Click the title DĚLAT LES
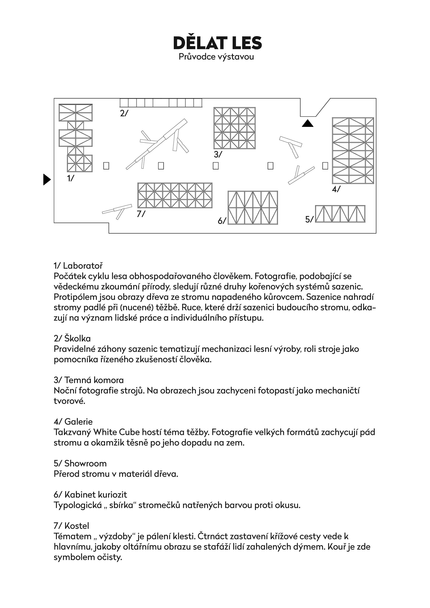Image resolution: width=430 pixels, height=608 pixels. (217, 43)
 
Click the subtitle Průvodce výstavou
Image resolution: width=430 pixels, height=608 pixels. (216, 57)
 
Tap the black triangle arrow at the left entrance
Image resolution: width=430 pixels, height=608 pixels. (47, 180)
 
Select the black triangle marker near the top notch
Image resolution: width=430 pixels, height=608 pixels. (307, 123)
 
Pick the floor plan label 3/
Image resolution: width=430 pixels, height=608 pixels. (218, 154)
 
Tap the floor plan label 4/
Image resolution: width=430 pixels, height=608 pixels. (336, 189)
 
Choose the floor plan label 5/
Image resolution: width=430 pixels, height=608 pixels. (309, 219)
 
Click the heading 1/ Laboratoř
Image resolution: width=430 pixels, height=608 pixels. (78, 266)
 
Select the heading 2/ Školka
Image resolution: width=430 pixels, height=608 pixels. (72, 338)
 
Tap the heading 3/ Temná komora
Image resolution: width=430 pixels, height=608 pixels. (89, 380)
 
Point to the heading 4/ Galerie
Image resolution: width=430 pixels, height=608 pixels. (73, 422)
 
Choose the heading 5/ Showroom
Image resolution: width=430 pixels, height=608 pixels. (80, 463)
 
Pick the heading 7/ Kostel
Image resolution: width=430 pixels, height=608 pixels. (71, 526)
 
